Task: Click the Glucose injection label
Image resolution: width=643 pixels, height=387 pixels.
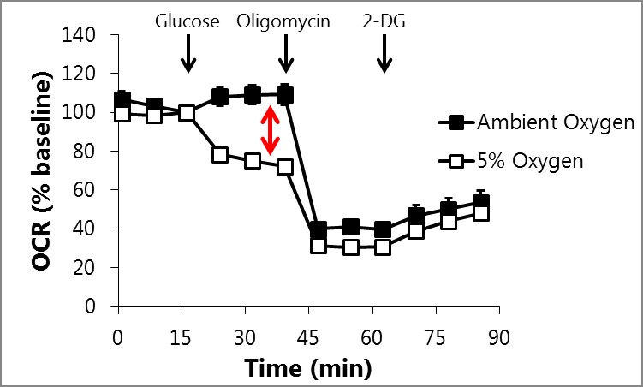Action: [x=188, y=20]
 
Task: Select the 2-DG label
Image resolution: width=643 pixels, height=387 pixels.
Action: [x=384, y=20]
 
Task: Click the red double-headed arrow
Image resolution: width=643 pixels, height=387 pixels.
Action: [x=271, y=130]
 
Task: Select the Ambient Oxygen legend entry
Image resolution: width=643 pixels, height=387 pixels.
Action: [x=536, y=122]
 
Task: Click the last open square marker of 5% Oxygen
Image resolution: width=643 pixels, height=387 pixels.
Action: [x=480, y=212]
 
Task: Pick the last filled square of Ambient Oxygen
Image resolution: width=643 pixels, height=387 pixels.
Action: [x=480, y=203]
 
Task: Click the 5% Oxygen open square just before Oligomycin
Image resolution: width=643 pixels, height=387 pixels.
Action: [x=285, y=166]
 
